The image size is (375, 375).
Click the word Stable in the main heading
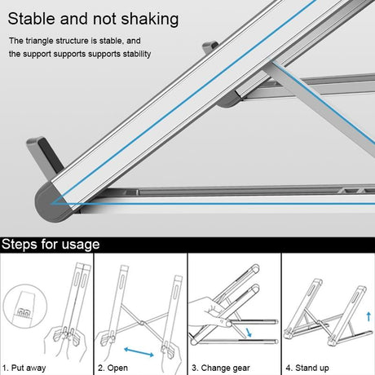(32, 19)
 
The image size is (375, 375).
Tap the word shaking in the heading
(150, 20)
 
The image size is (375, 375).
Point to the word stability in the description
(137, 54)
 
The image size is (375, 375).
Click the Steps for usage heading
(51, 245)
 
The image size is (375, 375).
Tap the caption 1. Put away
(24, 368)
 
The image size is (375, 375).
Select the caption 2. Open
(112, 368)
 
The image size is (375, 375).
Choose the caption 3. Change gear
(221, 368)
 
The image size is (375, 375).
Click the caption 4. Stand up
(307, 368)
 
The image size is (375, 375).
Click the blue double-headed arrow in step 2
(139, 352)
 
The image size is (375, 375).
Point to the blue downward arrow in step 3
(249, 333)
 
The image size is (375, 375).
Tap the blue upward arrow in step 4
(368, 316)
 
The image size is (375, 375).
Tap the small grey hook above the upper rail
(210, 47)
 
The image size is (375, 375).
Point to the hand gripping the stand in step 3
(210, 312)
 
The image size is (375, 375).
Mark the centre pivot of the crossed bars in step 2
(142, 323)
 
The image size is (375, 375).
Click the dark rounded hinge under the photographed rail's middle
(229, 99)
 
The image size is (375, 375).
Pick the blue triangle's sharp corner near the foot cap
(51, 203)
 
